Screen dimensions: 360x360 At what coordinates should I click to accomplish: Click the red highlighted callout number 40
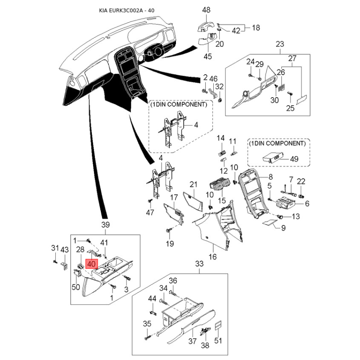pos(91,264)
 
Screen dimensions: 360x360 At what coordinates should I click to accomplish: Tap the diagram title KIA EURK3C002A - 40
pos(126,10)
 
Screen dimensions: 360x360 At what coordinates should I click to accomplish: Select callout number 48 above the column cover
pos(206,10)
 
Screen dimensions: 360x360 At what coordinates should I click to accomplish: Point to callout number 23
pos(280,44)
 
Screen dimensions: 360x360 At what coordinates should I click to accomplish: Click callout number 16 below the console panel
pos(212,256)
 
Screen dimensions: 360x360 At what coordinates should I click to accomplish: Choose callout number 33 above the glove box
pos(199,264)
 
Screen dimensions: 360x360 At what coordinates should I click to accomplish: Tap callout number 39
pos(105,225)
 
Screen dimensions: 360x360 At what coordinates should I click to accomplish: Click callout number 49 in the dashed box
pos(294,159)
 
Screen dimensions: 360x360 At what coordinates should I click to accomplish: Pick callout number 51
pos(218,341)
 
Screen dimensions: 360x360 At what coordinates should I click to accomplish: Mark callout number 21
pos(193,184)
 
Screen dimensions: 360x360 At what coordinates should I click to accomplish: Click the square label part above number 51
pos(218,325)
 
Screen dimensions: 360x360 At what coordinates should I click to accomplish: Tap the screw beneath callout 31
pos(55,262)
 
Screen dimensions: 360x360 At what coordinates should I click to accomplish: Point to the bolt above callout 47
pos(150,201)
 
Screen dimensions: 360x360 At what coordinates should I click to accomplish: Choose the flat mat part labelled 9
pos(269,222)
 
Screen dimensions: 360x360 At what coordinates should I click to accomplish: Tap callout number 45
pos(208,56)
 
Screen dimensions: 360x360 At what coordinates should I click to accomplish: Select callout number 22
pos(301,181)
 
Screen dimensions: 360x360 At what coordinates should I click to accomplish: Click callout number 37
pos(193,341)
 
